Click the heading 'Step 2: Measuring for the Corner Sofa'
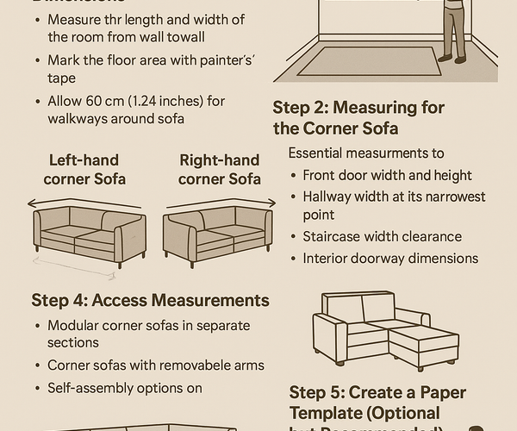pos(358,118)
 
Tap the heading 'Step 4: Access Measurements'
pos(150,300)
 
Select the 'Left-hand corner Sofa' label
pos(84,170)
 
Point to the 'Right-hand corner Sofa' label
pos(220,170)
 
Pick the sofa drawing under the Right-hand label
pos(218,232)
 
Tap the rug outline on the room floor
pos(370,62)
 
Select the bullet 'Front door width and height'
pos(387,176)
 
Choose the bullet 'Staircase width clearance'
pos(382,236)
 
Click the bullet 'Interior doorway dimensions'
pos(389,258)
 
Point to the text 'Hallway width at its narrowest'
pos(394,197)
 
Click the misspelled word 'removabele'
pos(195,365)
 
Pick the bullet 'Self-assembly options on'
pos(124,388)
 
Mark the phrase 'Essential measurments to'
pos(366,153)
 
